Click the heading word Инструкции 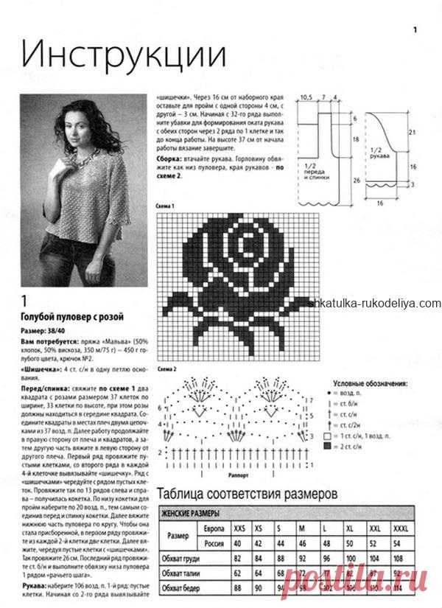pos(122,56)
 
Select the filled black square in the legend pos(327,447)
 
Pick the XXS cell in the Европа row pos(239,529)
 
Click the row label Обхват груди pos(184,559)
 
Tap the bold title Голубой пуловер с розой pos(71,317)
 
